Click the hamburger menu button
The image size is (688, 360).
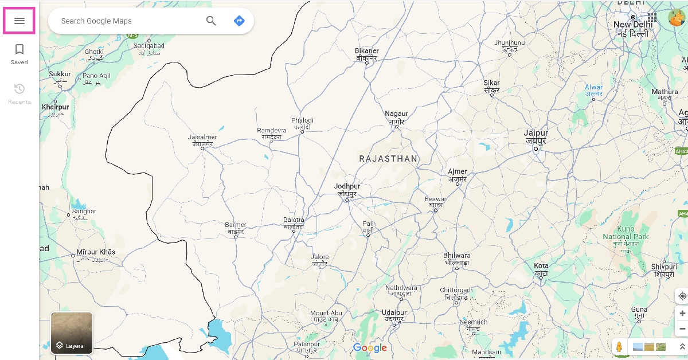coord(19,21)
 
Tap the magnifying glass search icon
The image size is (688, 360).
coord(211,21)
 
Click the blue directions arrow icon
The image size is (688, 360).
coord(239,21)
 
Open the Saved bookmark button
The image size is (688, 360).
coord(19,54)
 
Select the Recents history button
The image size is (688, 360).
coord(19,93)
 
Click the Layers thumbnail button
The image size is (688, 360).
coord(72,332)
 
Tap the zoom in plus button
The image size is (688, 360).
coord(682,314)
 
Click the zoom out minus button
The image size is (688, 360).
coord(682,329)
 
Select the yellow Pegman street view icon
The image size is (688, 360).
coord(619,347)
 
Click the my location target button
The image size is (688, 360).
coord(682,296)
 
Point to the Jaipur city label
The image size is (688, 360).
coord(536,136)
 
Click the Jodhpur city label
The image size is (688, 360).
coord(347,190)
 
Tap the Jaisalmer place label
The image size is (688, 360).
coord(202,140)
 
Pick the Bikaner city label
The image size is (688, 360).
coord(367,54)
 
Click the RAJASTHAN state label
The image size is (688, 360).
coord(388,159)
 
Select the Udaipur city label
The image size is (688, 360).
coord(394,315)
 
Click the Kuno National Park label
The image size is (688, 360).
coord(626,236)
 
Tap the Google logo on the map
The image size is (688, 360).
coord(370,348)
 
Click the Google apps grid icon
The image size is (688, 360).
coord(652,18)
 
